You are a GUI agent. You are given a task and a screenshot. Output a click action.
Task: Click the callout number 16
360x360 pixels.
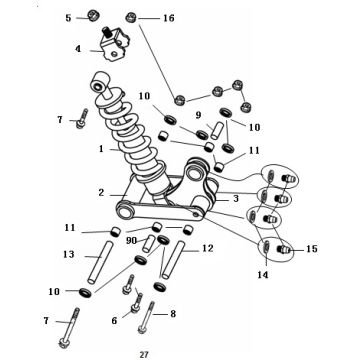tap(169, 18)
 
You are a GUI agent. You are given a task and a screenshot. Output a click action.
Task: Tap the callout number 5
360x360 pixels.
tap(68, 18)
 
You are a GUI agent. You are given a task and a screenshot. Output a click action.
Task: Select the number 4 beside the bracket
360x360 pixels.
tap(78, 49)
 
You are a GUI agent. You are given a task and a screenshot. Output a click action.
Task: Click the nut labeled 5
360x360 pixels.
tap(93, 15)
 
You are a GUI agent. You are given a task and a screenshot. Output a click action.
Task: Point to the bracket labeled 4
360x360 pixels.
tap(115, 44)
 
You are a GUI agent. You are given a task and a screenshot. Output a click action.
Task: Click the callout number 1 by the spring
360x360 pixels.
tap(101, 149)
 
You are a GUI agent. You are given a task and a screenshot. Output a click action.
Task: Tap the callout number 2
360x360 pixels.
tap(102, 192)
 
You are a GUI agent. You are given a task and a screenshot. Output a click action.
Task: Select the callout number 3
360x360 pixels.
tap(236, 199)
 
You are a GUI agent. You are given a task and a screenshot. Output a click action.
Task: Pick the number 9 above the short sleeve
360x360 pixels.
tap(198, 115)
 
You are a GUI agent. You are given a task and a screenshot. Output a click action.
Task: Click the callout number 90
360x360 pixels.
tap(132, 240)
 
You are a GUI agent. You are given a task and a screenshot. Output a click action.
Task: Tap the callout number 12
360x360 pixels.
tap(207, 248)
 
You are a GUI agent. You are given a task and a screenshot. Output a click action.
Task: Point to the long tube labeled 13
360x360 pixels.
tap(100, 263)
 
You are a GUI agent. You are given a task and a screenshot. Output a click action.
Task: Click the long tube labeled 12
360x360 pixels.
tap(173, 259)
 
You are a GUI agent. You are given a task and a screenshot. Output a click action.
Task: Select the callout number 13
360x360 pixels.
tap(69, 254)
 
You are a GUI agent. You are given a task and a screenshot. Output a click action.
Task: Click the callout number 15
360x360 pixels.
tap(312, 249)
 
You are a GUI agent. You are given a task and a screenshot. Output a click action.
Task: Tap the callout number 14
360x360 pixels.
tap(263, 275)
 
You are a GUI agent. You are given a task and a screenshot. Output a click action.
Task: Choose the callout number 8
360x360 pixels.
tap(173, 313)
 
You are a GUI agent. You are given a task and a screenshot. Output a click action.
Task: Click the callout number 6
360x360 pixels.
tap(114, 320)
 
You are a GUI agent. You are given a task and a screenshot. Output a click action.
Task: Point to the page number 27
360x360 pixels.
tap(144, 354)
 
